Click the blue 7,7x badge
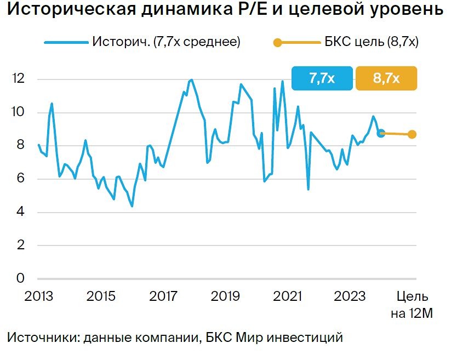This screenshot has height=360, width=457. pos(322,78)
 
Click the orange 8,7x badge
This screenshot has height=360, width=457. pos(386,78)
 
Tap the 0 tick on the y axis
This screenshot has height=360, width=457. pos(21,278)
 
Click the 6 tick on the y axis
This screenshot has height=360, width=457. pos(21,179)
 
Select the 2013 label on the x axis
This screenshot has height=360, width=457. pos(38,296)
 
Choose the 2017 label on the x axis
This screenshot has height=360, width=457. pos(163,296)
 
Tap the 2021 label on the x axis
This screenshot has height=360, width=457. pos(288,296)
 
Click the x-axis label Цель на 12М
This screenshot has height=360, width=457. pos(412,305)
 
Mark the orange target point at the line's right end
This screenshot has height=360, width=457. pos(412,134)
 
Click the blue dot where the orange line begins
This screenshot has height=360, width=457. pos(381,133)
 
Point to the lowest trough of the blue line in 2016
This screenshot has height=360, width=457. pos(132,206)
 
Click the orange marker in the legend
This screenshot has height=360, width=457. pos(278,43)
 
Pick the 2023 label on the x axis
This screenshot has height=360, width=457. pos(350,296)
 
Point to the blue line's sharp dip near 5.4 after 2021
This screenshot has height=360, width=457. pos(309,189)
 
